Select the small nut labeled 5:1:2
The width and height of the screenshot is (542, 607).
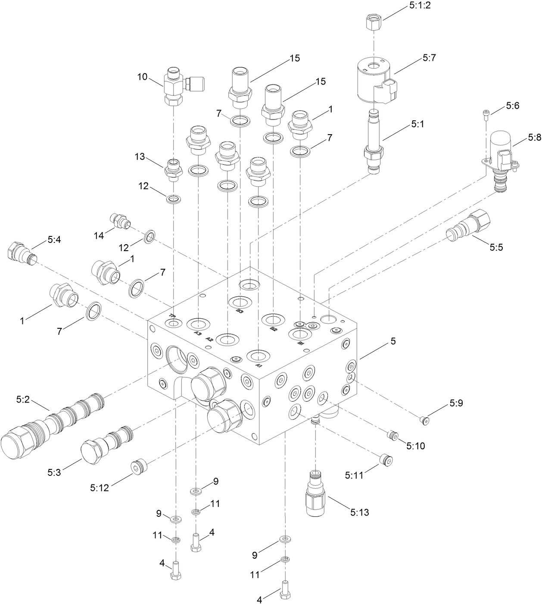click(x=373, y=22)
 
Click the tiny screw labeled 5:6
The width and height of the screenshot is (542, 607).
click(x=486, y=114)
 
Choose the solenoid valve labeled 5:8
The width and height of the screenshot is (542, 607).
click(x=501, y=160)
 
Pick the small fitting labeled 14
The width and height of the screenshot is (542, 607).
click(x=120, y=220)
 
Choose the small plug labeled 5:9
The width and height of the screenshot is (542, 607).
click(x=425, y=419)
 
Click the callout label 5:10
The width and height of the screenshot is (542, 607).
click(x=415, y=446)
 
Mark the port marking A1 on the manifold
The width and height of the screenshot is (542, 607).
click(x=259, y=365)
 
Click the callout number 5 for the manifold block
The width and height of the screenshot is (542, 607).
click(x=392, y=341)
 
